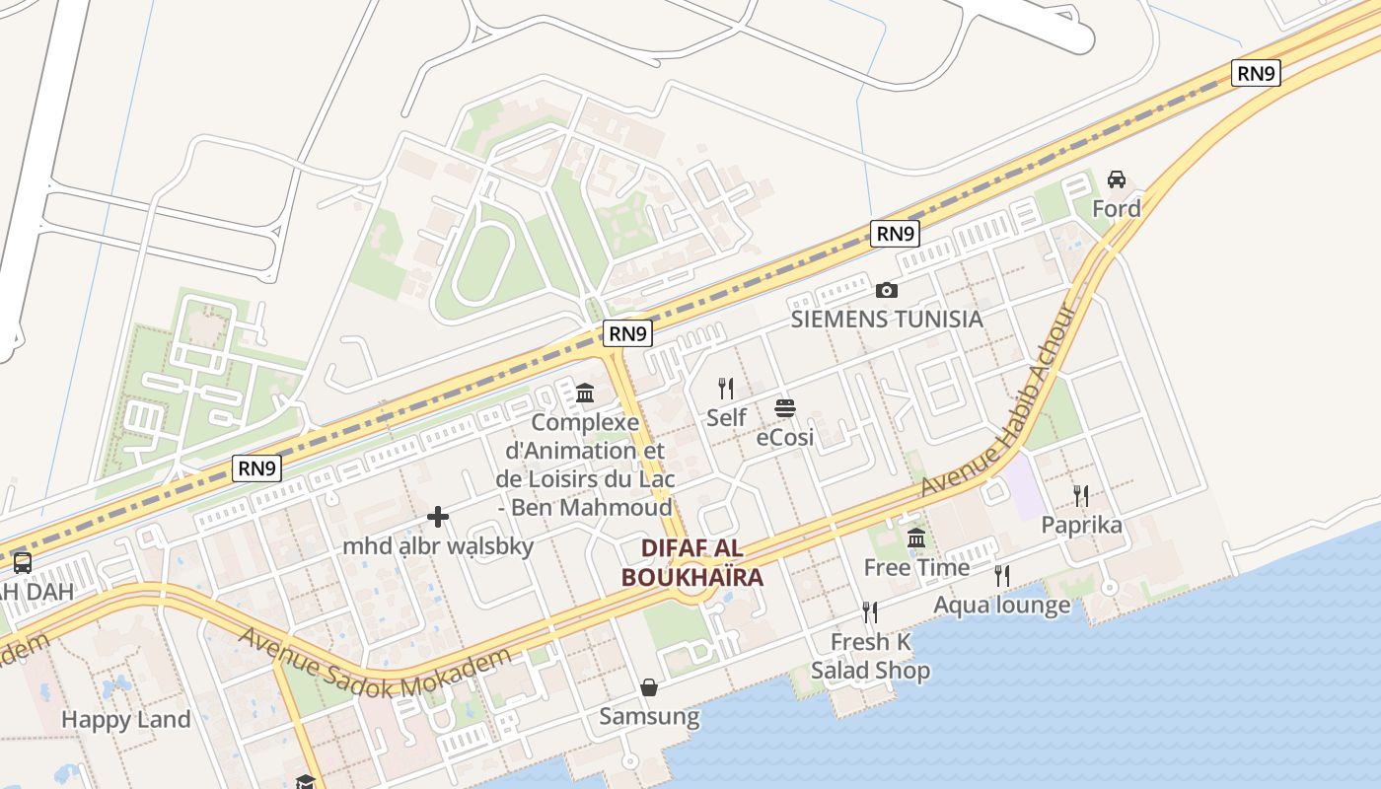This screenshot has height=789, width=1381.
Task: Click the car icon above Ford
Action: coord(1117,179)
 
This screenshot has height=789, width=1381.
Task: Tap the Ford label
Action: coord(1117,208)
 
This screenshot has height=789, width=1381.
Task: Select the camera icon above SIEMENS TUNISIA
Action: coord(887,290)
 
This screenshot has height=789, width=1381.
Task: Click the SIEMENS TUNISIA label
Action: coord(887,319)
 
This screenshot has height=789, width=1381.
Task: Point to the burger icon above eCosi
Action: coord(785,408)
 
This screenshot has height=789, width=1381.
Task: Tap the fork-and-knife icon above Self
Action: coord(726,389)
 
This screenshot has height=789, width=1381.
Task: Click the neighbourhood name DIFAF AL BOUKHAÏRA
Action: coord(692,562)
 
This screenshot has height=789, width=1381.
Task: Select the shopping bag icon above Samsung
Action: coord(649,687)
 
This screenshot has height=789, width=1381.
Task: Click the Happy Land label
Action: coord(125,719)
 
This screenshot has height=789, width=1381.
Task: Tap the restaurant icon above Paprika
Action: coord(1082,496)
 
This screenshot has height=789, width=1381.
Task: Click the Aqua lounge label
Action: coord(1001,605)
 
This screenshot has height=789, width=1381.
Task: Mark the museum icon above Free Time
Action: coord(916,538)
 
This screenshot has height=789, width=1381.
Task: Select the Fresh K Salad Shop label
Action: coord(870,656)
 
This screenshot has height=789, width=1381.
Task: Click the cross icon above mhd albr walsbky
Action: coord(438,517)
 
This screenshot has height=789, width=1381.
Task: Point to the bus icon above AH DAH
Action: coord(22,563)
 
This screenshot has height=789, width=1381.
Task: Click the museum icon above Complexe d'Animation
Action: coord(585,394)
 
